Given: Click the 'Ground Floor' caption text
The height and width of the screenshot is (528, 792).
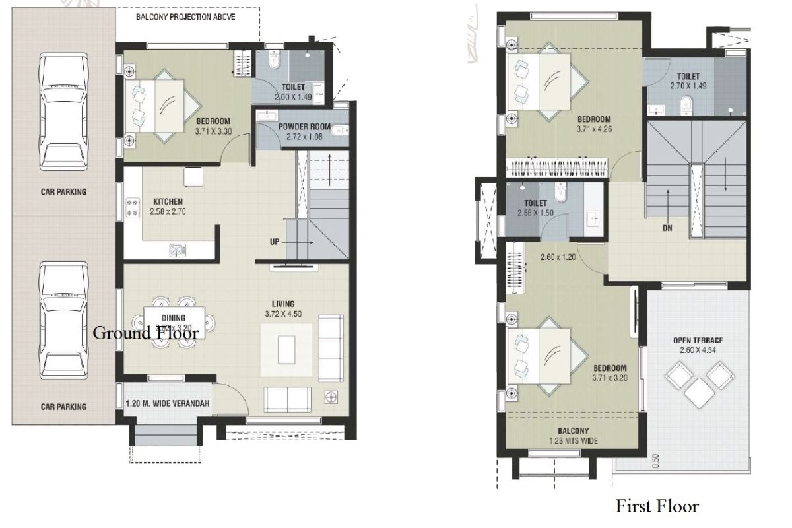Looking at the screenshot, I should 146,333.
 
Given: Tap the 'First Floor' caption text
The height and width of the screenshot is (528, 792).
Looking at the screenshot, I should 657,506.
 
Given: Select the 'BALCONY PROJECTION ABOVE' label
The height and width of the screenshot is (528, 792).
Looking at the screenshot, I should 185,16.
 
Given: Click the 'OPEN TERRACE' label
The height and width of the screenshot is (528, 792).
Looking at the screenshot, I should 698,341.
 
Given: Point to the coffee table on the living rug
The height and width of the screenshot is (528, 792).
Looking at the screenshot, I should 286,350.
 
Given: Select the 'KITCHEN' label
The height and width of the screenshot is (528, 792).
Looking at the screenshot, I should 168,202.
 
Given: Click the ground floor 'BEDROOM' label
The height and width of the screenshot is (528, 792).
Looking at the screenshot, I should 213,121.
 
